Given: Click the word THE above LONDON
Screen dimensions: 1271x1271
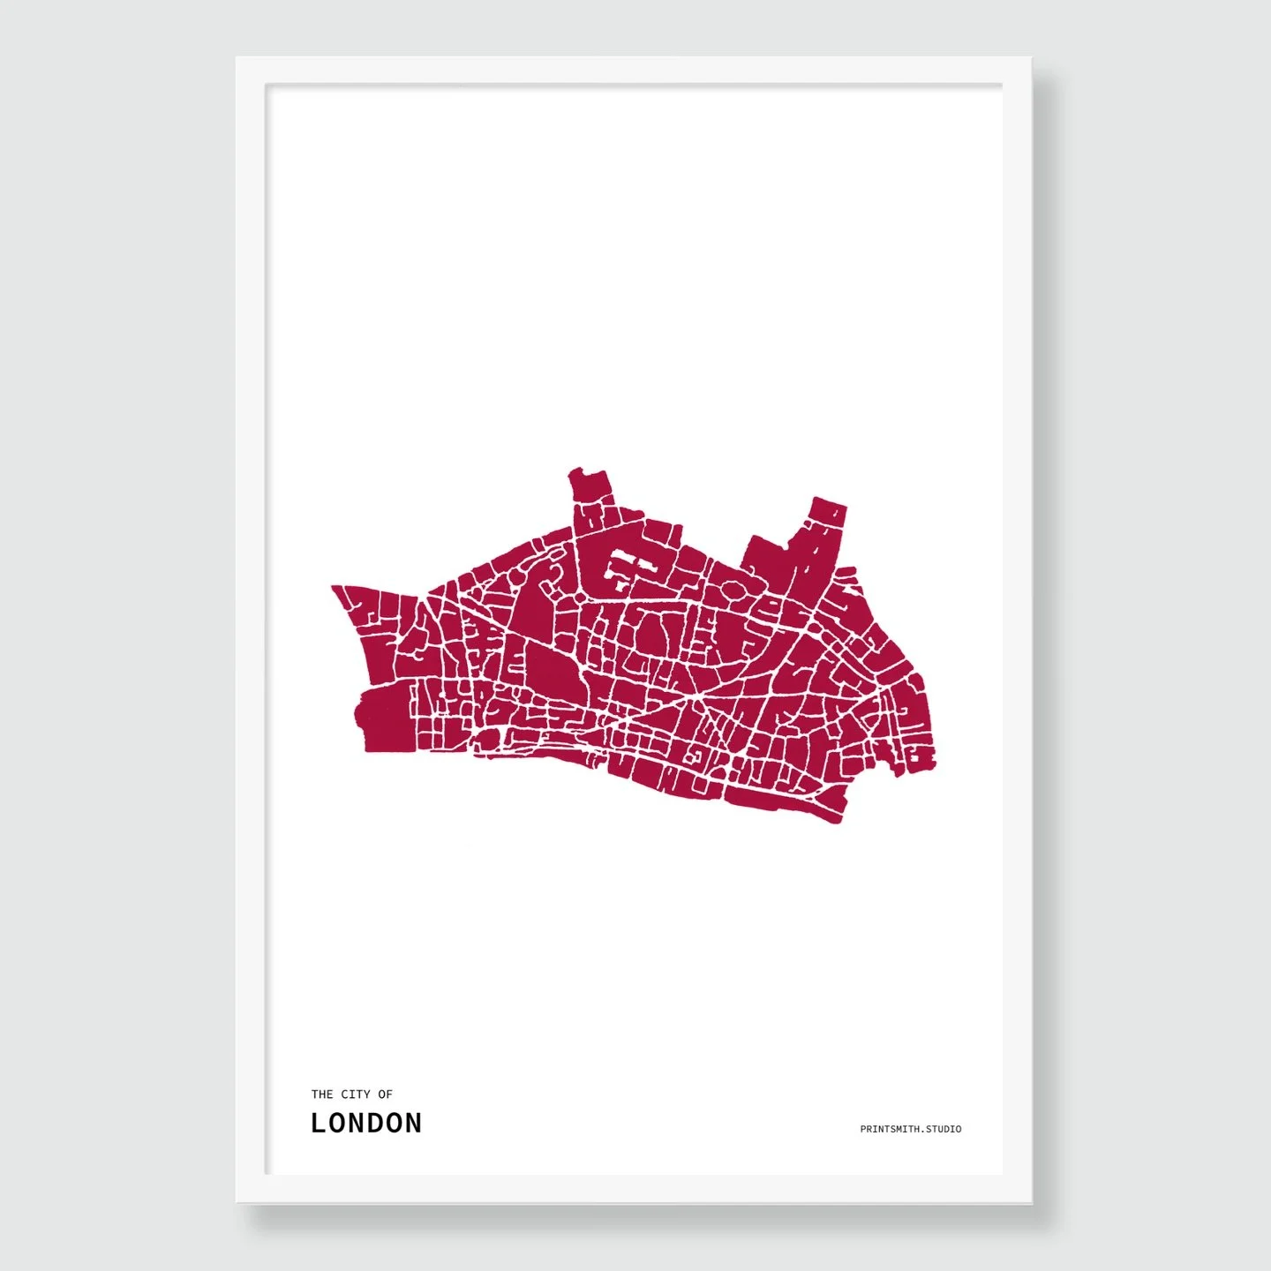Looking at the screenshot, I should coord(321,1094).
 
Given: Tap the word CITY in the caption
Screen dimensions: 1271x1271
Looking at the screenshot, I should coord(356,1094).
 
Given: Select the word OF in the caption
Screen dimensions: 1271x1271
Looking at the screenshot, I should coord(385,1094).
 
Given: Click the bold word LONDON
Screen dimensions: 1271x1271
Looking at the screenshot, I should coord(366,1123).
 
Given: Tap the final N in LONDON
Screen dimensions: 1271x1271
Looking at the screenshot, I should coord(412,1123).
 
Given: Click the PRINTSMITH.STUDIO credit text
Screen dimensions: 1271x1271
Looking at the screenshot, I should coord(911,1129).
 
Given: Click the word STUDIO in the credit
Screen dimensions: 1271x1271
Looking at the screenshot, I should coord(944,1129).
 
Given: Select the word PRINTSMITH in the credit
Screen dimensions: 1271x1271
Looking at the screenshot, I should coord(891,1129).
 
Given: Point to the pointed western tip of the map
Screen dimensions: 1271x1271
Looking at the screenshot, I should coord(335,588).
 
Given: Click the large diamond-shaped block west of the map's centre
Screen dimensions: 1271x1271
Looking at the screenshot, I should coord(553,672).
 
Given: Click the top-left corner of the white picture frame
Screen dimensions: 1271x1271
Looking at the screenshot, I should coord(238,59).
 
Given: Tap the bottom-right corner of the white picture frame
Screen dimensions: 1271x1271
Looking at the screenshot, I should coord(1031,1201).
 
